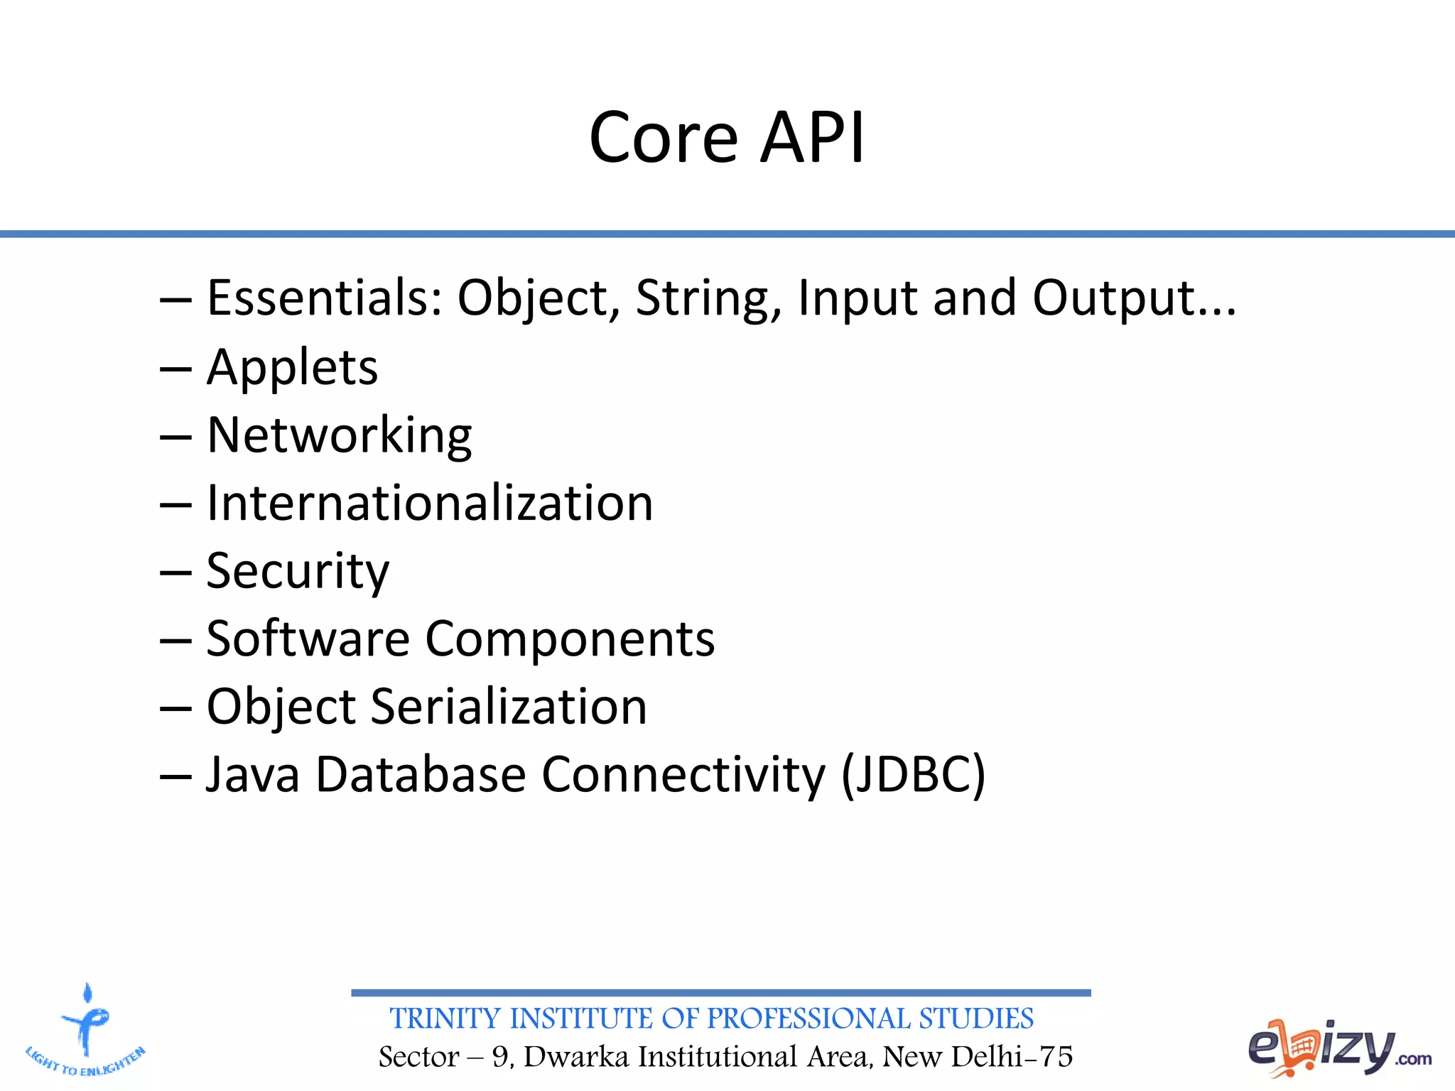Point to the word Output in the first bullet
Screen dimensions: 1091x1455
tap(1125, 299)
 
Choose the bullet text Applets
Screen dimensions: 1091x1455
tap(292, 368)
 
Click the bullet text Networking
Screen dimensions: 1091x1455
tap(339, 435)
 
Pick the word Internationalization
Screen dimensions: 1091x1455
tap(429, 503)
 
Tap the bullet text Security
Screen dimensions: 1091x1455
tap(298, 571)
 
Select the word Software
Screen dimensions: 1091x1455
tap(308, 639)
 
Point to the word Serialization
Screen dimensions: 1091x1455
tap(509, 707)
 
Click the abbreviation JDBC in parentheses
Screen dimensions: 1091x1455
tap(914, 774)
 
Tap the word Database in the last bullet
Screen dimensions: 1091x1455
tap(420, 774)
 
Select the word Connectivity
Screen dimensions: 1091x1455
tap(683, 774)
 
